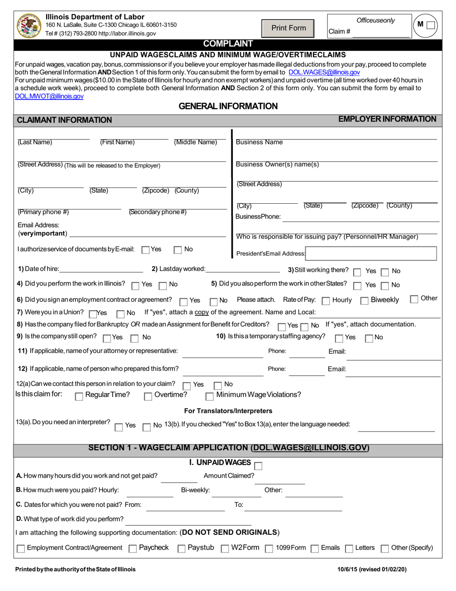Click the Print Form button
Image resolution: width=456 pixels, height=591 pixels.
click(x=288, y=28)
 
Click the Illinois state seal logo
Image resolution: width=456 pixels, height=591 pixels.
click(x=28, y=26)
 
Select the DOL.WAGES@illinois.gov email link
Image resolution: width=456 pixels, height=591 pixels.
click(x=324, y=72)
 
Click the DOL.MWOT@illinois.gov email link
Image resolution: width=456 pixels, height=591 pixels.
click(x=49, y=96)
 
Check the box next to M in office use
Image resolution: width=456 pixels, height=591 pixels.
click(x=431, y=25)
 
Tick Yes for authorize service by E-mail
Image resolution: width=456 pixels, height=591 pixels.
click(x=146, y=250)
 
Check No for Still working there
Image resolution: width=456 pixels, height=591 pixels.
click(x=385, y=272)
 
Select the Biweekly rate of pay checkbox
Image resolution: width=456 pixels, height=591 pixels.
click(x=364, y=301)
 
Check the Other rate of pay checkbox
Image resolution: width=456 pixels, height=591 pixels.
click(x=414, y=299)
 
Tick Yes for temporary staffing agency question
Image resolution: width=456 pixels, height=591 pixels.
click(x=339, y=338)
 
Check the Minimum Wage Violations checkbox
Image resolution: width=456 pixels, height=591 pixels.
click(x=209, y=396)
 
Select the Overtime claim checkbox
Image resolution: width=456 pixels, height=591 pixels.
click(x=148, y=396)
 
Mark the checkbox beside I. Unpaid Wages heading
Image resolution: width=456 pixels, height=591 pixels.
click(x=258, y=465)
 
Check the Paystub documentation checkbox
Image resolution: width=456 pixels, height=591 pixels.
click(x=181, y=548)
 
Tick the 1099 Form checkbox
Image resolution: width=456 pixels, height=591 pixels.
click(x=269, y=548)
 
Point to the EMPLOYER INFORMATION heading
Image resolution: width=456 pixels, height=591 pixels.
click(x=387, y=119)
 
